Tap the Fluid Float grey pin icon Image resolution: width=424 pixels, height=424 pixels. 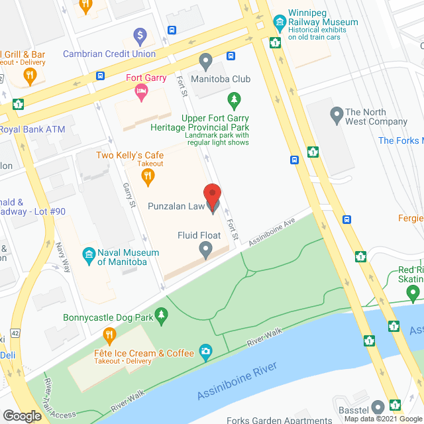point(205,249)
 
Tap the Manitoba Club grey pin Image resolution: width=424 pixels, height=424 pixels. point(205,62)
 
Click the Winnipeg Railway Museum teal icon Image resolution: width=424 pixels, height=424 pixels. point(279,22)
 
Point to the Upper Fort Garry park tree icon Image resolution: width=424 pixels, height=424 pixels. point(233,100)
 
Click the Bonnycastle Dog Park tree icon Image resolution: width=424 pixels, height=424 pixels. point(160,317)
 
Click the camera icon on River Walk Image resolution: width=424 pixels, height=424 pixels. point(206,350)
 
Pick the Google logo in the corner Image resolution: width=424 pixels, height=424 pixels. point(22,415)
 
